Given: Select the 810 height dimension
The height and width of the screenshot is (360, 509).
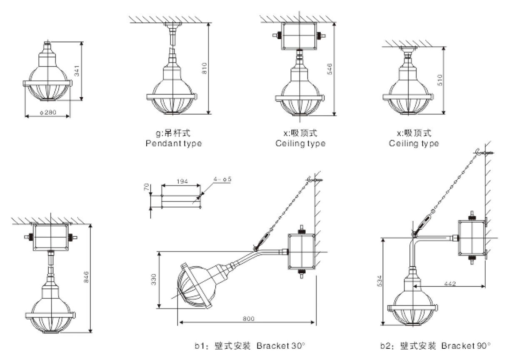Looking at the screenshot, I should tap(204, 68).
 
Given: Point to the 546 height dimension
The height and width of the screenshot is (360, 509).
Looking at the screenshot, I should tap(329, 69).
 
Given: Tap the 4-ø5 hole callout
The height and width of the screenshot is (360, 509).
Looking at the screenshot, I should tap(222, 179).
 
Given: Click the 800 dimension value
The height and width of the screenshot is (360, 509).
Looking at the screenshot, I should tap(246, 318).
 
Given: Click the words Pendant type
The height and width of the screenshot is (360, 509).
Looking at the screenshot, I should tap(174, 144).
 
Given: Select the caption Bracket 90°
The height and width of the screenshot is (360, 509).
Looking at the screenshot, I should tap(466, 345).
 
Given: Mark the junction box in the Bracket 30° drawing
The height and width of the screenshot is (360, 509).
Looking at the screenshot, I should tap(301, 251).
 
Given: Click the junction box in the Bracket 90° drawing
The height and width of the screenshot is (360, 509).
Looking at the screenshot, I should tap(471, 237).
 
